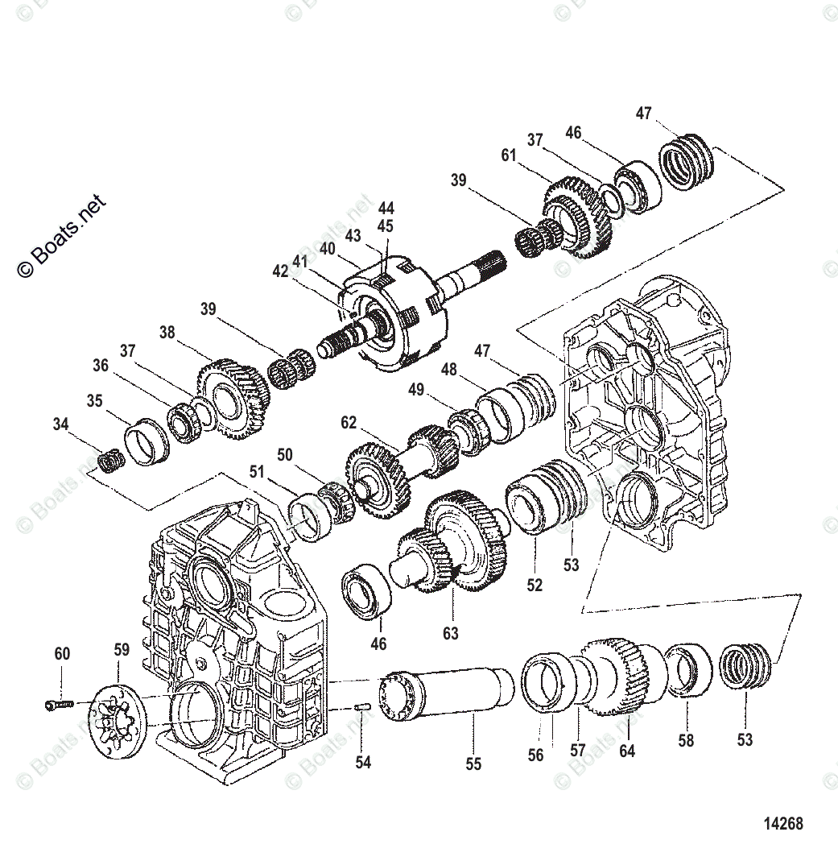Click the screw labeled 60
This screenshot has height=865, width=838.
(59, 705)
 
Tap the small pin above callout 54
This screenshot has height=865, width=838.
(361, 707)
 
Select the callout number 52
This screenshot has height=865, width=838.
(535, 586)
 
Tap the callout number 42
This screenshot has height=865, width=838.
(279, 271)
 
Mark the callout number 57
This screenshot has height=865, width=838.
(577, 750)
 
